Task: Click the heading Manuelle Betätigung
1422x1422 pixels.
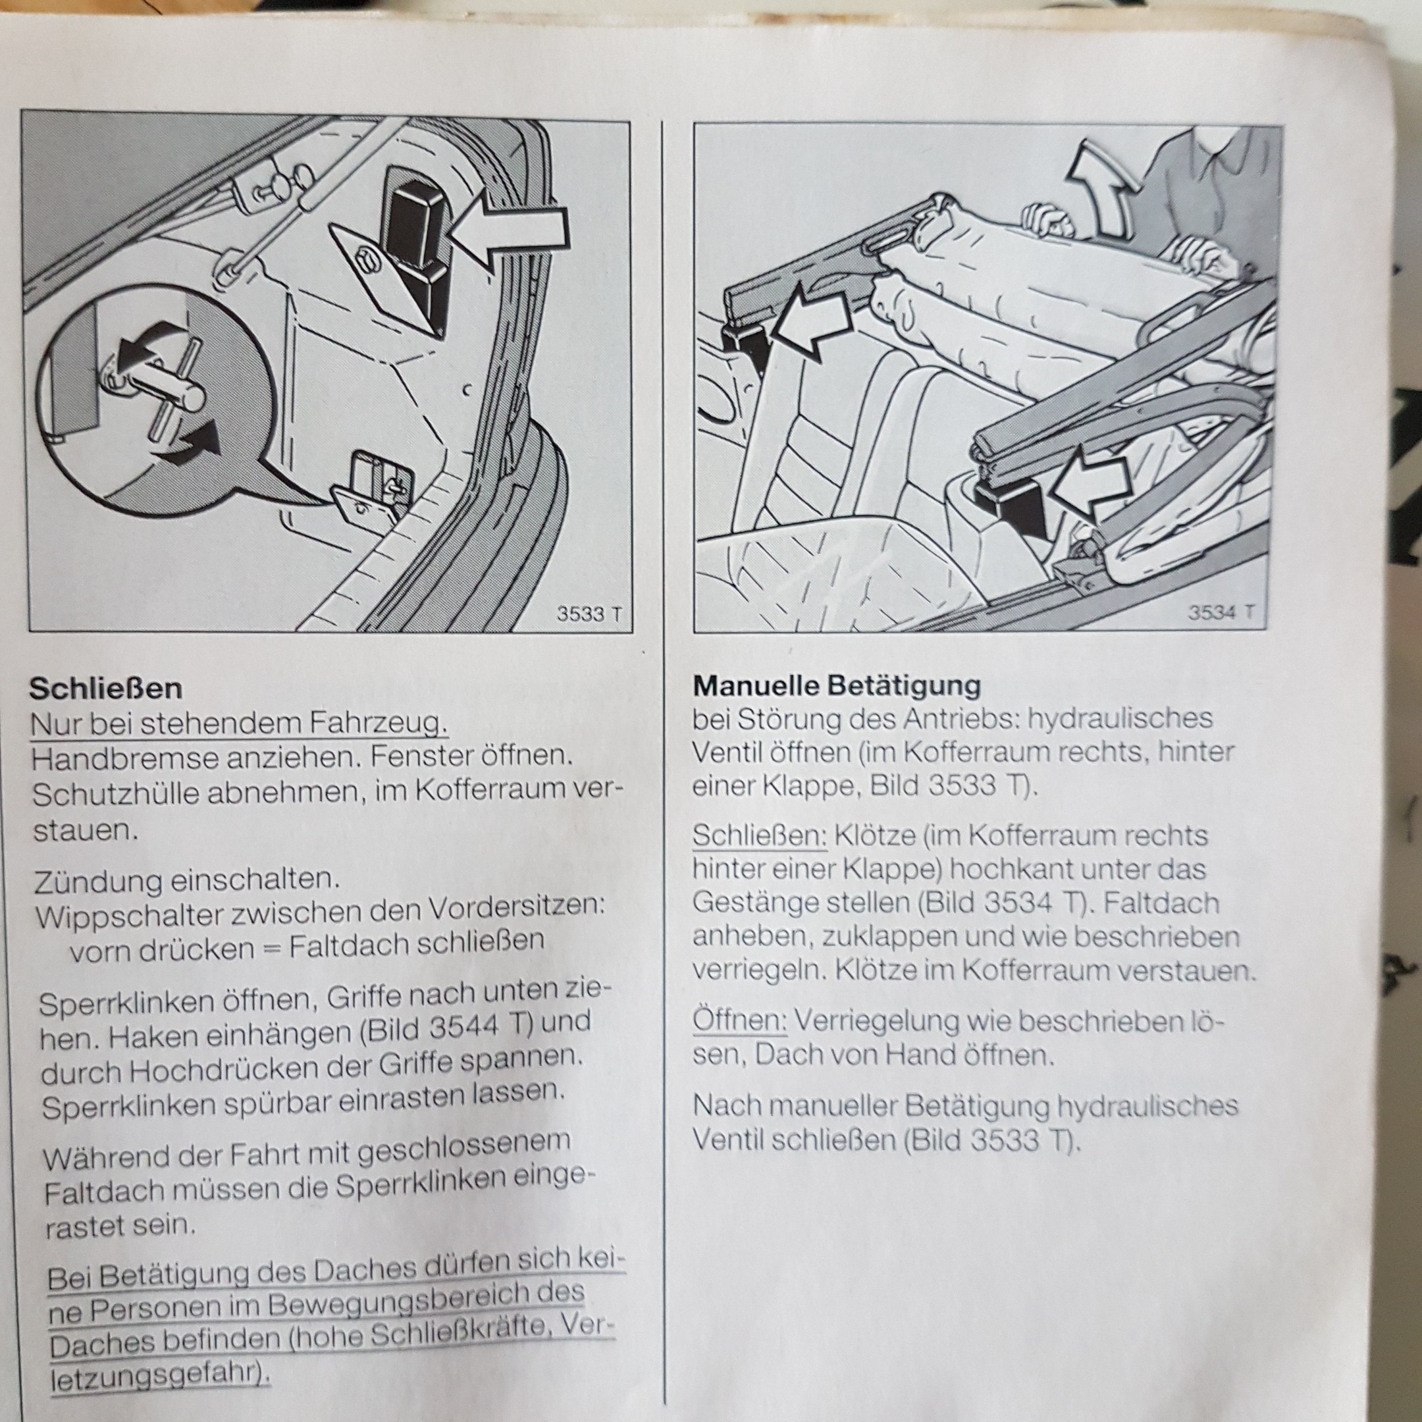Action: (837, 686)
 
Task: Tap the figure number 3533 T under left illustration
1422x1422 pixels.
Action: (588, 613)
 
